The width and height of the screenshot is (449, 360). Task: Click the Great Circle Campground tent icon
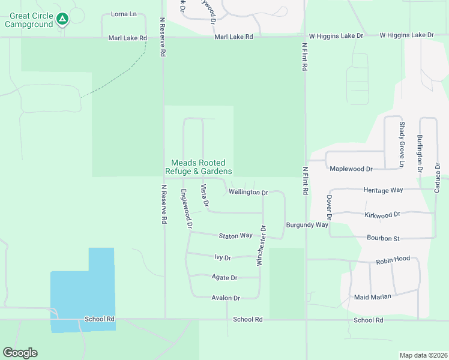[x=62, y=19]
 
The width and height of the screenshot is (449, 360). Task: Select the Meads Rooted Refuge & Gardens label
[x=198, y=167]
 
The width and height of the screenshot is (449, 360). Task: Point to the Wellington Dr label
[x=248, y=193]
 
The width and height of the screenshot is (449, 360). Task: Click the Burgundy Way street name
[x=307, y=224]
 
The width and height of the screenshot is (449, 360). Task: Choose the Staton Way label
[x=235, y=236]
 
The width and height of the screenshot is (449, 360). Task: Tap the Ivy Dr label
[x=223, y=257]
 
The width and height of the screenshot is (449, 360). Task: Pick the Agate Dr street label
[x=224, y=278]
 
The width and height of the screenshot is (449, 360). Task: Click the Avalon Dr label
[x=226, y=298]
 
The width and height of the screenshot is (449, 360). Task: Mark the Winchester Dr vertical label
[x=261, y=245]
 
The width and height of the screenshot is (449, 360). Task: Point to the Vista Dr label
[x=205, y=196]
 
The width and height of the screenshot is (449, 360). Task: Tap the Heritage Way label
[x=384, y=190]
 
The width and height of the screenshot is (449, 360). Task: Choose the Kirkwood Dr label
[x=382, y=214]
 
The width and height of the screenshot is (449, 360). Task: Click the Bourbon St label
[x=383, y=238]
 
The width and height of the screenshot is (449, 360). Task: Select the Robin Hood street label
[x=393, y=259]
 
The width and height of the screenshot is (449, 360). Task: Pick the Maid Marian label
[x=372, y=296]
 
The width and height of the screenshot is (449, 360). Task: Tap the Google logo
[x=20, y=353]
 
